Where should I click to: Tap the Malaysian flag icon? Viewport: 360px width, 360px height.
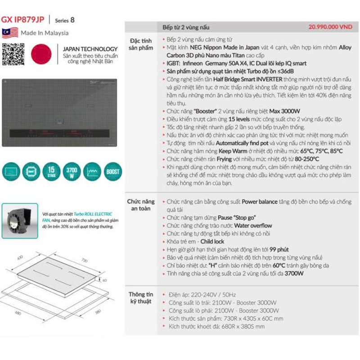pos(10,33)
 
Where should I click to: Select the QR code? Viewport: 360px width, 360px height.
pos(13,53)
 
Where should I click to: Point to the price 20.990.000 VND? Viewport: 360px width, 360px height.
pos(330,27)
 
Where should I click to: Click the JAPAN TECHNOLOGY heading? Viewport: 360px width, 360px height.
pos(90,49)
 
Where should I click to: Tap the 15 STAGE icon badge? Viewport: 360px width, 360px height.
pos(52,171)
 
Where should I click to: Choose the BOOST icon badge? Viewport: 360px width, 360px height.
pos(113,171)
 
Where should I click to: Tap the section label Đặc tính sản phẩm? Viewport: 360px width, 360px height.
pos(141,44)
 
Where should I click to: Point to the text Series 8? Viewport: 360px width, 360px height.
pos(65,20)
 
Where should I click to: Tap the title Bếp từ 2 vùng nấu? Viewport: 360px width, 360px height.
pos(186,27)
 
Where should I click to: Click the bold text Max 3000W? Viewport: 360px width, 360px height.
pos(285,111)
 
